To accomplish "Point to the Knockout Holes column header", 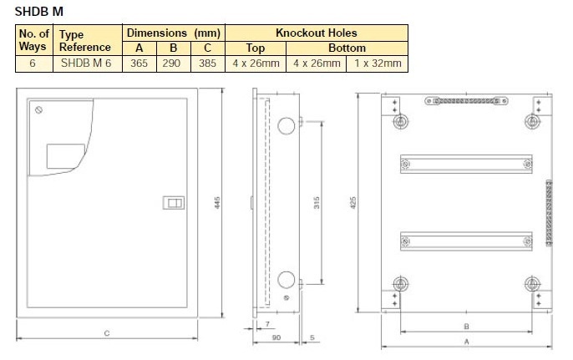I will [316, 33].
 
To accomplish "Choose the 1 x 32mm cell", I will [377, 63].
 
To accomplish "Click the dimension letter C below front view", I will [107, 333].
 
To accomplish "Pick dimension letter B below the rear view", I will [466, 323].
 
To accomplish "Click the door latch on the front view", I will [175, 203].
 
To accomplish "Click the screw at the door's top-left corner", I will [38, 110].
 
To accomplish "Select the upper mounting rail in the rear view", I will [466, 164].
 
